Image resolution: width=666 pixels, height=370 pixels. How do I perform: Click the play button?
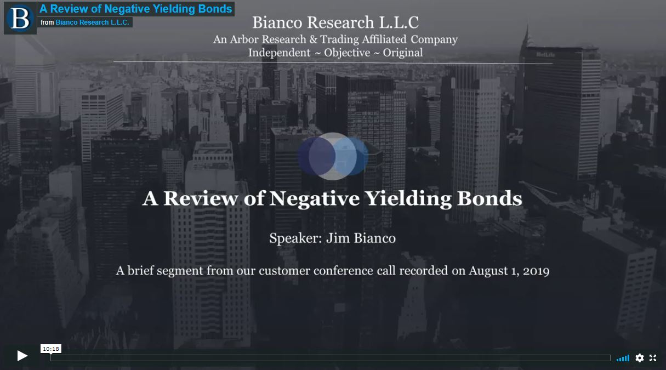(x=22, y=356)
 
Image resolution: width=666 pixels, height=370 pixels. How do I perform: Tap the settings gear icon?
(x=640, y=358)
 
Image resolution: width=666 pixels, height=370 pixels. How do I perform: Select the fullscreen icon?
(x=653, y=358)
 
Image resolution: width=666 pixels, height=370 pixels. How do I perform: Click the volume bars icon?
(x=623, y=358)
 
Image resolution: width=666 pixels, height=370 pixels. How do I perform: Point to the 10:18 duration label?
(x=51, y=349)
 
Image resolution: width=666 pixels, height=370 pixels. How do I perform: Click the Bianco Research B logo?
(x=20, y=18)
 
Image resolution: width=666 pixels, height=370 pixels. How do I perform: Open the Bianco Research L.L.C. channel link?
(x=92, y=22)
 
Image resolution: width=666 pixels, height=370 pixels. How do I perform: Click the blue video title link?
(x=135, y=9)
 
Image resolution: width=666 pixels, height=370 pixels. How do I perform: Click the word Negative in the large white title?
(x=314, y=198)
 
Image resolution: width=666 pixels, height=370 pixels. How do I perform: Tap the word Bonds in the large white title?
(x=489, y=198)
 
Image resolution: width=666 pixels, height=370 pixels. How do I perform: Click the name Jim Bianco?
(x=361, y=238)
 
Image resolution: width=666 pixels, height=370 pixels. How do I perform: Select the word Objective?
(x=347, y=53)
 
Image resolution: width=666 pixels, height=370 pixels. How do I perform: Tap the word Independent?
(x=279, y=53)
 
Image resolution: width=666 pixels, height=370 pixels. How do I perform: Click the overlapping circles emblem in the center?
(x=333, y=156)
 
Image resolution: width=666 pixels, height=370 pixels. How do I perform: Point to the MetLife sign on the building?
(x=545, y=54)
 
